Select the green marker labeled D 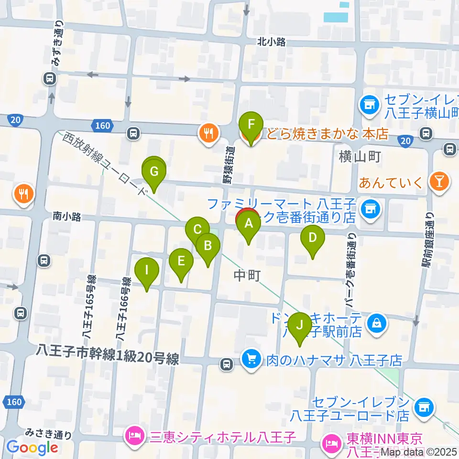coord(312,238)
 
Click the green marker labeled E coord(181,261)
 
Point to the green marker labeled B coord(208,246)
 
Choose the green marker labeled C coord(197,229)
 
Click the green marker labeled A coord(249,223)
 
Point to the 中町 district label coord(247,275)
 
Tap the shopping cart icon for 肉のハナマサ coord(250,358)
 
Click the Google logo coord(33,447)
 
